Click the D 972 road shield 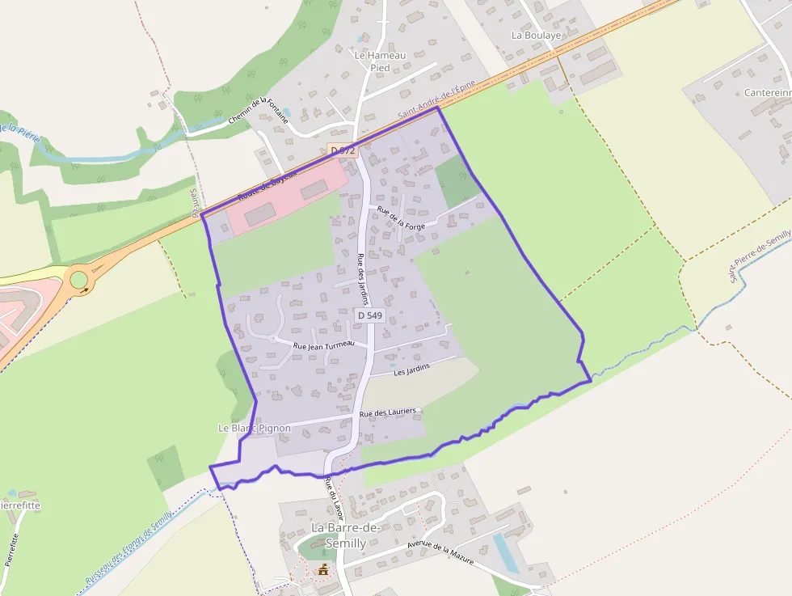click(342, 150)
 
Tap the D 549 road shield click(369, 315)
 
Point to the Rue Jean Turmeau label click(323, 345)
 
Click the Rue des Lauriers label click(388, 412)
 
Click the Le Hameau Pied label click(380, 61)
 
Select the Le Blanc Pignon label click(255, 428)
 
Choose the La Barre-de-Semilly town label click(339, 535)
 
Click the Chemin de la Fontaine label click(258, 112)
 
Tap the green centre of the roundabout click(78, 280)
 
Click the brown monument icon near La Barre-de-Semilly click(324, 569)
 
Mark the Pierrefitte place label click(18, 505)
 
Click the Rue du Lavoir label click(334, 498)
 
